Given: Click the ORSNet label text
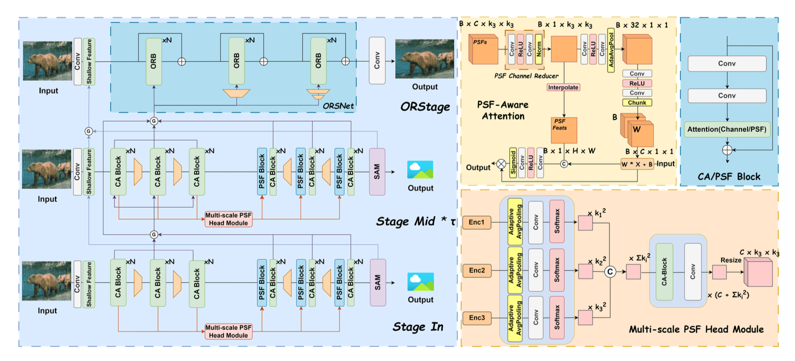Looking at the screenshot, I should (338, 106).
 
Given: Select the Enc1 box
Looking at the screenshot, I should (476, 222).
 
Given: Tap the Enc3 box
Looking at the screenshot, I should (476, 317).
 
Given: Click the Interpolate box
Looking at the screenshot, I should (563, 87).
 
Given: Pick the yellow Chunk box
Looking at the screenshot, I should (637, 102).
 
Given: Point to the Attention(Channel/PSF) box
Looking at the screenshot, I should (726, 129).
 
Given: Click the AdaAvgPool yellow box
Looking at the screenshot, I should (611, 50).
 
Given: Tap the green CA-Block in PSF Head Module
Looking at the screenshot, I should (664, 272).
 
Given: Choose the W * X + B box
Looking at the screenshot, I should (637, 164).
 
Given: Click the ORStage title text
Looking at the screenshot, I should (425, 106).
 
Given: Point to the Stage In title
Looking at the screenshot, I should (417, 326).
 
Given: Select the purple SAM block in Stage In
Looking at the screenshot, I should (377, 282).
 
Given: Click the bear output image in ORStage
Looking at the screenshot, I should (424, 59).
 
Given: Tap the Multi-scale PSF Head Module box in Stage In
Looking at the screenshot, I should (228, 331).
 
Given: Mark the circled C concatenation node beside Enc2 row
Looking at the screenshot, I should (610, 271).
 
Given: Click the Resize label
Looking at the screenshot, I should (730, 260).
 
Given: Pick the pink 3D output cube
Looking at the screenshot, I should (758, 273).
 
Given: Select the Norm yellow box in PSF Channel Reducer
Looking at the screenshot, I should (539, 49).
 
